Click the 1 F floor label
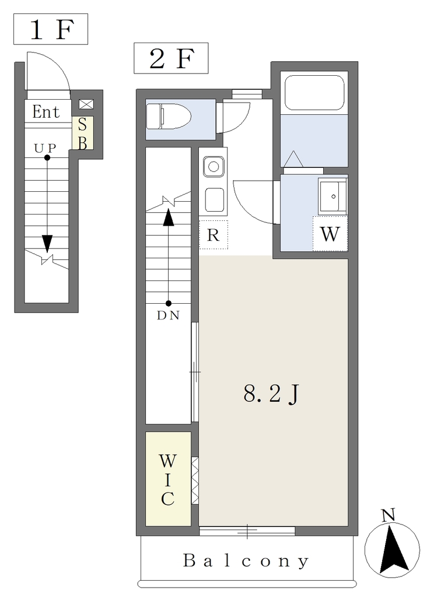pos(51,30)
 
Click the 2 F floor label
pos(171,59)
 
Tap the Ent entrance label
pos(45,111)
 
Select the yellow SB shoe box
pos(83,133)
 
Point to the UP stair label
pos(45,148)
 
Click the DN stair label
pos(168,315)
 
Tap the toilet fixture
pos(169,117)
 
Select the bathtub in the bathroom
pos(315,93)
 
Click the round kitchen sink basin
pos(213,167)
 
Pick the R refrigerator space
pos(213,235)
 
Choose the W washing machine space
pos(330,234)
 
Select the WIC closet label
pos(167,480)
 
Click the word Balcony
pos(246,560)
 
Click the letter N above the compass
pos(388,515)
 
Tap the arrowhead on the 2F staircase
pos(169,217)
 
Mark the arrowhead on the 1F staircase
pos(47,244)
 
